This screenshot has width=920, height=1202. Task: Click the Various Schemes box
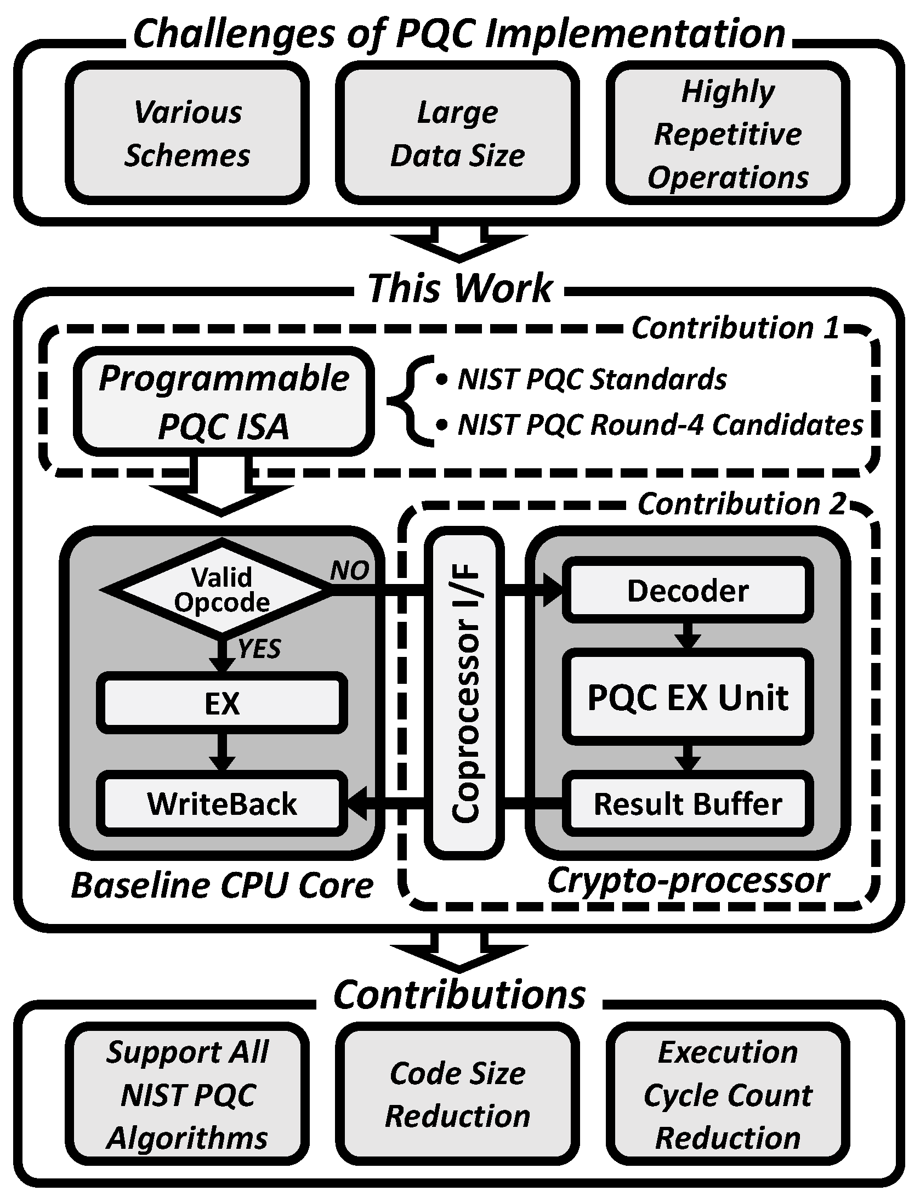[187, 133]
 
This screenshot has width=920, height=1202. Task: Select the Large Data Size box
[457, 133]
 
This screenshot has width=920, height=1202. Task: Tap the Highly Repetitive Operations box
[728, 133]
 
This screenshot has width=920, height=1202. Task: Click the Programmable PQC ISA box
[224, 402]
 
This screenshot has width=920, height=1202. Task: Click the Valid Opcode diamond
[222, 590]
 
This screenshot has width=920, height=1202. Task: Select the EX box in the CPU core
[222, 703]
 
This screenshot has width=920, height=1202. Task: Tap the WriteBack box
[222, 804]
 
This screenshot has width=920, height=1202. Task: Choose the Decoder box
[688, 591]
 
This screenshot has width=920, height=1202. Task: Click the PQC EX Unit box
[688, 698]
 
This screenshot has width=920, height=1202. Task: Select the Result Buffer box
[688, 804]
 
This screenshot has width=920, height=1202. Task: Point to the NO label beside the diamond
[349, 571]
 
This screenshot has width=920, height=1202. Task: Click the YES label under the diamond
[259, 649]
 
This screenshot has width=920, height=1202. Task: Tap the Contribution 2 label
[741, 503]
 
